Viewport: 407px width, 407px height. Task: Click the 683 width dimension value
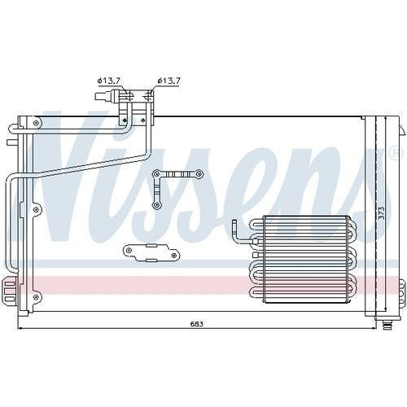(x=196, y=324)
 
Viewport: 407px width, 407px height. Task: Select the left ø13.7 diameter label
(x=109, y=81)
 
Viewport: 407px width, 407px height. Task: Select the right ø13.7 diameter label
(x=168, y=81)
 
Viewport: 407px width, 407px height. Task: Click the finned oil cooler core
(x=305, y=259)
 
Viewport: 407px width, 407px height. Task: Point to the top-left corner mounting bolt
(x=36, y=124)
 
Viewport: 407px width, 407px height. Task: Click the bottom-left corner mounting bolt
(x=36, y=297)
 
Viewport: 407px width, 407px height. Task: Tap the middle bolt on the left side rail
(x=36, y=209)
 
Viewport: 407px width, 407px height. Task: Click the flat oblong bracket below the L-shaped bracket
(x=151, y=252)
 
